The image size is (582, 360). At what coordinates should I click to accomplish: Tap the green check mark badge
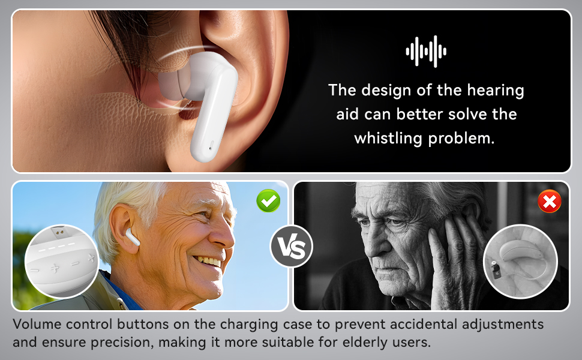[x=268, y=200]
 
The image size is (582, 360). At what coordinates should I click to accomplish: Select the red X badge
[x=549, y=202]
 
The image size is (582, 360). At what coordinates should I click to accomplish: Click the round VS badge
[x=291, y=246]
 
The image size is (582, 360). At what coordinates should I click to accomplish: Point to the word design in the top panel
[x=386, y=91]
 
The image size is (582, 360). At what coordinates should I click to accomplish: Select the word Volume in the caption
[x=38, y=325]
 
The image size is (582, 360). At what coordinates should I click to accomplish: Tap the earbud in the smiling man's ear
[x=132, y=237]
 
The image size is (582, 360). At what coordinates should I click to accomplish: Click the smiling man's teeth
[x=208, y=262]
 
